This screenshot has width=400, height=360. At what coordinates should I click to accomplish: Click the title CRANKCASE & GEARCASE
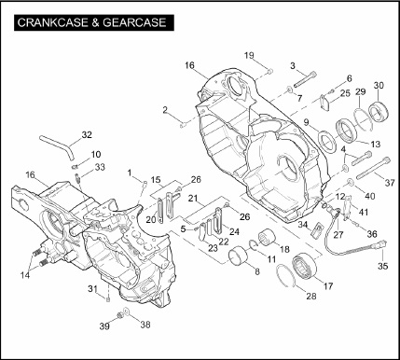(91, 22)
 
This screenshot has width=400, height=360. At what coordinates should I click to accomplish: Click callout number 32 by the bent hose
(87, 135)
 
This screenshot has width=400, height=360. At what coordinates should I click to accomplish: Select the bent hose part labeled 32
(58, 145)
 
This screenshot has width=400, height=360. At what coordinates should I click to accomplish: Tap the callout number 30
(379, 85)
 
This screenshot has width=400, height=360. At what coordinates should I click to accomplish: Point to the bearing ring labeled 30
(378, 111)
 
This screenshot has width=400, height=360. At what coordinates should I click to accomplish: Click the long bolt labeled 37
(373, 168)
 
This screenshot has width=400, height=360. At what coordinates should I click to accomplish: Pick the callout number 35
(382, 266)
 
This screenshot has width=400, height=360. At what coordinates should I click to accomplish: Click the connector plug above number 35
(381, 244)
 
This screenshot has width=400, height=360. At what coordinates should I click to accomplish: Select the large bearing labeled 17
(305, 266)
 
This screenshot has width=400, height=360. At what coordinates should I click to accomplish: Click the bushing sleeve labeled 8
(238, 257)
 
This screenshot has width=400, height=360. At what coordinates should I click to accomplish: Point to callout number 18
(284, 249)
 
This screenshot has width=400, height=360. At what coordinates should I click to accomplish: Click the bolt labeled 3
(305, 79)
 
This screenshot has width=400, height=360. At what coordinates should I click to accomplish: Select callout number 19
(249, 55)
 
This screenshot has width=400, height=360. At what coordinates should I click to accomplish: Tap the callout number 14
(25, 275)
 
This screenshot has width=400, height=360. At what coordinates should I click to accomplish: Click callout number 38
(145, 325)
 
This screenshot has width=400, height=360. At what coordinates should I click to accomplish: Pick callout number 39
(104, 326)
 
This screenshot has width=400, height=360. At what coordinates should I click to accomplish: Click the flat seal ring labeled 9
(327, 143)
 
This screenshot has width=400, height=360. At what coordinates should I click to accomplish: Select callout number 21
(193, 198)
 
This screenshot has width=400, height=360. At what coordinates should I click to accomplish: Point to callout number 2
(165, 110)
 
